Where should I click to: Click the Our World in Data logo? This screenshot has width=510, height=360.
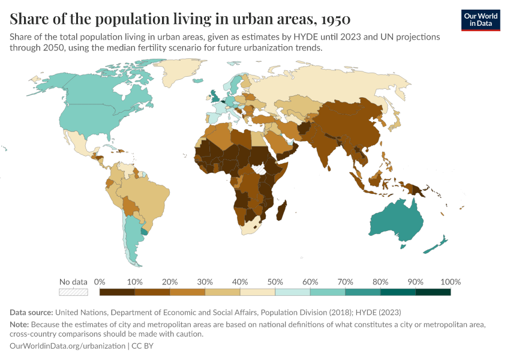point(481,20)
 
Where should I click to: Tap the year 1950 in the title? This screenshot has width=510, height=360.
point(335,19)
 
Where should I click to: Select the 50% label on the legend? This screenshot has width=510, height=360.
point(275,282)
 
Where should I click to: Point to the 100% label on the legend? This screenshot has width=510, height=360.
point(451,282)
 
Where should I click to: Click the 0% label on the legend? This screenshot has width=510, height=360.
point(100,282)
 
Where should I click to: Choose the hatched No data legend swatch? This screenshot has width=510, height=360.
point(74,292)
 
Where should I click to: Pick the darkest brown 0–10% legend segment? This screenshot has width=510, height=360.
point(117,292)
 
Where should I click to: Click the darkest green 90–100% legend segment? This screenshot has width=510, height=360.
point(433,292)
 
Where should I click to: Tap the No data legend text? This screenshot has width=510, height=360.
point(73,282)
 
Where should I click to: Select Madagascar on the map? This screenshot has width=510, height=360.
point(281,211)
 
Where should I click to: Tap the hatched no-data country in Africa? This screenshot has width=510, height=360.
point(259,169)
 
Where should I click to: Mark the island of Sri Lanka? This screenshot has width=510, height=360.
point(329,168)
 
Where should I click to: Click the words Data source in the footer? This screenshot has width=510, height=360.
point(31,313)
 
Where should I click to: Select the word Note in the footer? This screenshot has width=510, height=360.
point(19,325)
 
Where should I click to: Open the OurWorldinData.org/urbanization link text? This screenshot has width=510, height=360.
point(67,346)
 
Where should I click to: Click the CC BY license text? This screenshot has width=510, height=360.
point(142,346)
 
